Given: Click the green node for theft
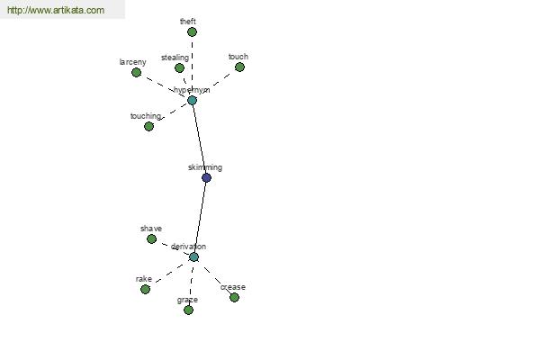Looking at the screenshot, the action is [x=193, y=32].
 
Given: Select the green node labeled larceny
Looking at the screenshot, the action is [x=137, y=72].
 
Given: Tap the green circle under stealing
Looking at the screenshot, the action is [x=179, y=67].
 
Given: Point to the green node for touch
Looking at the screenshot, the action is [x=239, y=67].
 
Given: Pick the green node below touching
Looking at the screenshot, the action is [x=148, y=126].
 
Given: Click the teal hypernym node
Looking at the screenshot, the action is [x=193, y=100].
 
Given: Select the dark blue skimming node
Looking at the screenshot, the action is [x=206, y=178].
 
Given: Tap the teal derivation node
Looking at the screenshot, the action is [x=193, y=257].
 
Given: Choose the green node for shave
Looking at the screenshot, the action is [x=151, y=238].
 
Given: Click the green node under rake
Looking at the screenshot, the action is [x=145, y=289].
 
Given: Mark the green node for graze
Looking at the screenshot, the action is [x=188, y=310].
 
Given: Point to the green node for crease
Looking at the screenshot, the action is [x=235, y=297].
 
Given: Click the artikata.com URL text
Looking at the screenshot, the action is [x=56, y=10].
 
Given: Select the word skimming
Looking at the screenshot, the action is [x=205, y=167].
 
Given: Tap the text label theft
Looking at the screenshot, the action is [x=188, y=22].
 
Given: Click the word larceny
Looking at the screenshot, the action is [x=133, y=62].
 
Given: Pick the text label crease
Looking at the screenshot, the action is [x=233, y=287].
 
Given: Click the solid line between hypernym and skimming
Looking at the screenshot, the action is [x=200, y=139].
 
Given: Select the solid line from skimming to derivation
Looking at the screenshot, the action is [x=200, y=218].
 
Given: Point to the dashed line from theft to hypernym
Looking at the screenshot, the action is [x=193, y=66].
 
